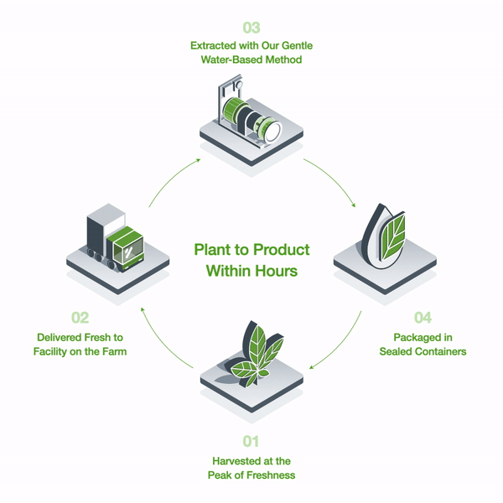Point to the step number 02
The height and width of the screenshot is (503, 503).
(80, 319)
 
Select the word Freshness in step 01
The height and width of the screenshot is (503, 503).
(270, 475)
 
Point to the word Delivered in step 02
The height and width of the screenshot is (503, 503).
(60, 337)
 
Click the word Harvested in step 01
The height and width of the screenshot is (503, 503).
(232, 461)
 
